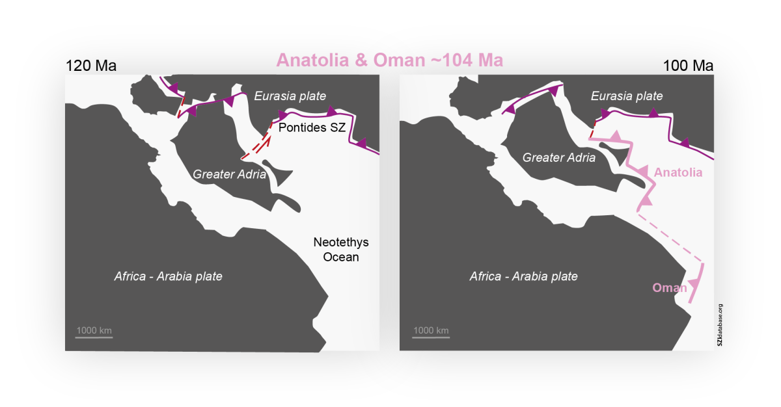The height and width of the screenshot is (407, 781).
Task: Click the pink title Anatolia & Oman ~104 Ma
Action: [x=390, y=60]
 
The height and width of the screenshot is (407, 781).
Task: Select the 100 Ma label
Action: [x=689, y=66]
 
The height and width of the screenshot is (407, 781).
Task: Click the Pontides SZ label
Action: [x=312, y=127]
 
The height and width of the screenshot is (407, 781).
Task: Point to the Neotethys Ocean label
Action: [x=341, y=250]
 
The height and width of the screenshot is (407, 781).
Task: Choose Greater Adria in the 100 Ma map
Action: [x=559, y=157]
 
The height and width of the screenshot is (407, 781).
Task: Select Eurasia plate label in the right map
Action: [x=627, y=96]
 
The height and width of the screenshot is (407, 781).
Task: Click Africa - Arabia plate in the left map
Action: [x=168, y=276]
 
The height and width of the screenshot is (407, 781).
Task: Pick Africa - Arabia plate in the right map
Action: [x=524, y=276]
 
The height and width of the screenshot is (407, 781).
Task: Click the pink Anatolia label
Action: [x=678, y=173]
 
